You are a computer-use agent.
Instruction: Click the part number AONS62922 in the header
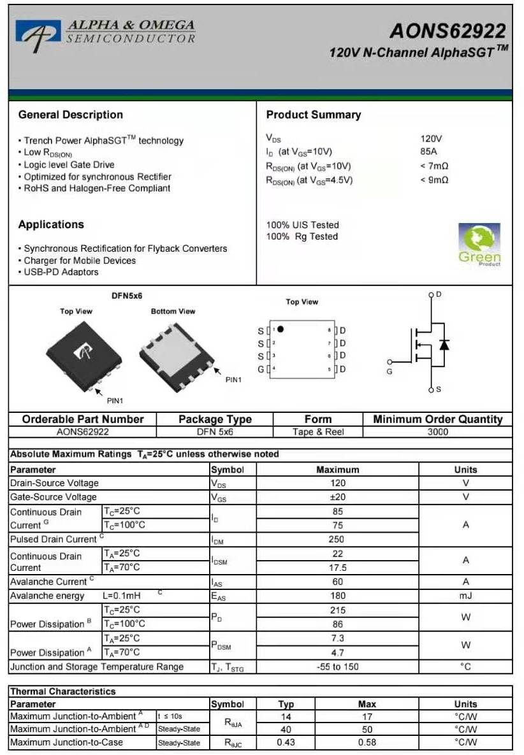[x=448, y=31]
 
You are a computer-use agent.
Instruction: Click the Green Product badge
[x=479, y=245]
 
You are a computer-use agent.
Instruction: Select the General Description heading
[x=70, y=115]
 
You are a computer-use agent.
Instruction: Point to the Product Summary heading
[x=313, y=115]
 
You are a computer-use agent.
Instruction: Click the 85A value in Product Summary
[x=428, y=152]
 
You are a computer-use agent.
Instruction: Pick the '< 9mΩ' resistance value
[x=434, y=180]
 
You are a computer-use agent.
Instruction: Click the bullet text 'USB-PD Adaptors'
[x=61, y=272]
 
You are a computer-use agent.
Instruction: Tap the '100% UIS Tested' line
[x=302, y=225]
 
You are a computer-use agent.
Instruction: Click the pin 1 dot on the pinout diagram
[x=280, y=329]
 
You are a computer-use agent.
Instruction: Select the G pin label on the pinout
[x=261, y=370]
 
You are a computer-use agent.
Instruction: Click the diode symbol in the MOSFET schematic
[x=444, y=345]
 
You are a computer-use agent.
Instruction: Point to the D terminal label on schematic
[x=439, y=294]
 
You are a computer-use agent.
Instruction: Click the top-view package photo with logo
[x=83, y=352]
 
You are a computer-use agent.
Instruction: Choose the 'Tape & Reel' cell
[x=317, y=432]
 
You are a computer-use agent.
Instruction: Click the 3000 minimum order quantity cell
[x=437, y=432]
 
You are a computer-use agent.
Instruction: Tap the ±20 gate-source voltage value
[x=337, y=497]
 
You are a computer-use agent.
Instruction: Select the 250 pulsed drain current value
[x=337, y=539]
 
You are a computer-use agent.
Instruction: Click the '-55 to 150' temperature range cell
[x=337, y=666]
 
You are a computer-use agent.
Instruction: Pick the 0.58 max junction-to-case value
[x=367, y=742]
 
